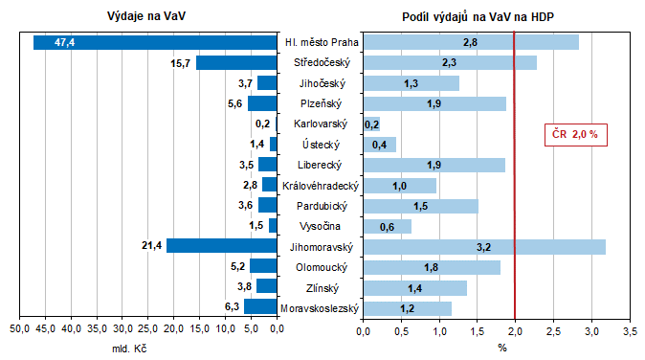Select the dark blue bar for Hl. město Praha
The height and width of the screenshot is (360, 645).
point(154,42)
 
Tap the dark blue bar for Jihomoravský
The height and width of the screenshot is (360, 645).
point(221,246)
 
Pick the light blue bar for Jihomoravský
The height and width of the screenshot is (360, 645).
point(484,246)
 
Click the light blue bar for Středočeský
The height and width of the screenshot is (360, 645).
point(450,62)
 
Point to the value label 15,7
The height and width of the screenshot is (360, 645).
point(180,62)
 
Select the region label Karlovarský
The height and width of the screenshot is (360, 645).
point(320,124)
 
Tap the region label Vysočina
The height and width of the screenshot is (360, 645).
point(320,226)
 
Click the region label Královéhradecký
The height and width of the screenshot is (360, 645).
point(320,185)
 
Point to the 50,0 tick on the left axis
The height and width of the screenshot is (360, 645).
point(19,330)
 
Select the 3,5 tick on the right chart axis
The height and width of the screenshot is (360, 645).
point(630,330)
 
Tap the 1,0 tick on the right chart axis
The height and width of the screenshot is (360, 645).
point(439,330)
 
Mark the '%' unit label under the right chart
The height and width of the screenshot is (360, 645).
point(501,348)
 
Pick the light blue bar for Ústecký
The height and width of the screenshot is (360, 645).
point(380,145)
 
